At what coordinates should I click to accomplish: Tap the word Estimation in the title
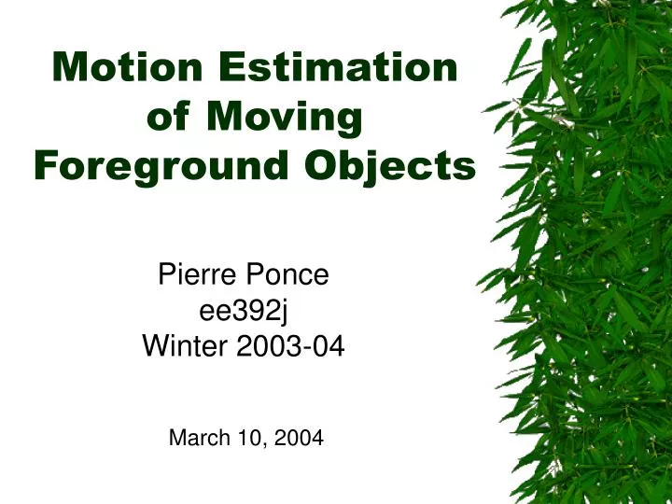click(338, 67)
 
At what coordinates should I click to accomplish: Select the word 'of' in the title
click(171, 117)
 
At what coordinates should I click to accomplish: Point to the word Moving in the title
click(284, 117)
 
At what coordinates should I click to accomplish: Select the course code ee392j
click(243, 311)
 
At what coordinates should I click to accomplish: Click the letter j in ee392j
click(280, 312)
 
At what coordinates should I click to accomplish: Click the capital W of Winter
click(154, 347)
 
